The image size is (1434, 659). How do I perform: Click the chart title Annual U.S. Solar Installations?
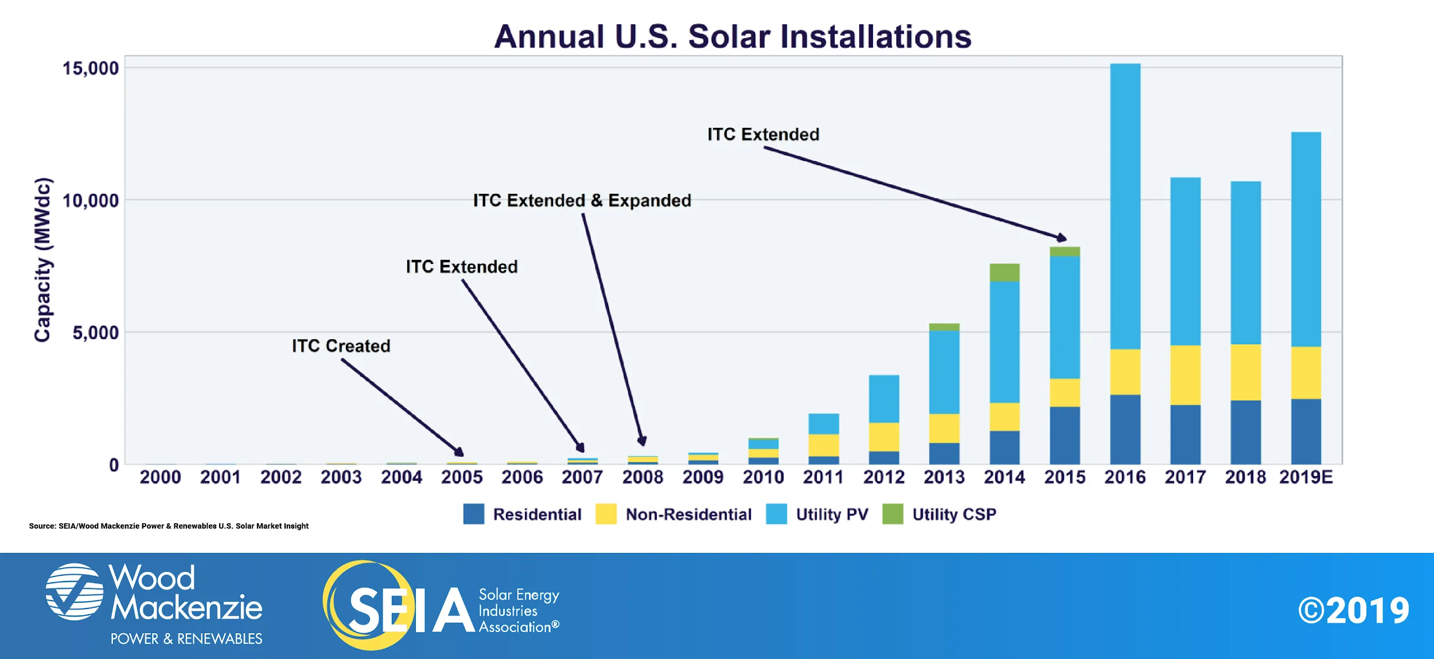click(732, 37)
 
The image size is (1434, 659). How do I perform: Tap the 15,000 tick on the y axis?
click(90, 68)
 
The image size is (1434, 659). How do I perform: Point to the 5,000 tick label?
click(95, 333)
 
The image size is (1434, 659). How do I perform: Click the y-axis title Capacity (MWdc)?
click(42, 260)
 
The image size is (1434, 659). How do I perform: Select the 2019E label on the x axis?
click(1306, 477)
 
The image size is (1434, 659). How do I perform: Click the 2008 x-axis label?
click(642, 477)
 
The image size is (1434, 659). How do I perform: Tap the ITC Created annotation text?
click(341, 346)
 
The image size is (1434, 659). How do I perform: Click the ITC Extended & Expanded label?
click(582, 201)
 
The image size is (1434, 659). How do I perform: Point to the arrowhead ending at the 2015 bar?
click(1062, 237)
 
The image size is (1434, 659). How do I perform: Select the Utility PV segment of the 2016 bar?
click(1125, 206)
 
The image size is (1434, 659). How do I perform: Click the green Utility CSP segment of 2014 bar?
click(1004, 272)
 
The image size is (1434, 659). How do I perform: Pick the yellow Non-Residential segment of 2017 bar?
click(1185, 375)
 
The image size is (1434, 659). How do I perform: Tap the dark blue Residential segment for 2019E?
click(1306, 431)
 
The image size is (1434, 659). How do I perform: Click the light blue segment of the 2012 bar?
click(883, 399)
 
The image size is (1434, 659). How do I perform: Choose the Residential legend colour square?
click(473, 514)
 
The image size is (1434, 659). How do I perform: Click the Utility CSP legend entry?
click(953, 514)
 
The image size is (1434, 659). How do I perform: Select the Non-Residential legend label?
click(688, 514)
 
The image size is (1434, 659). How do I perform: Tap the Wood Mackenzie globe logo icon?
click(75, 591)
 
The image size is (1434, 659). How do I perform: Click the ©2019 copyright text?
click(1353, 611)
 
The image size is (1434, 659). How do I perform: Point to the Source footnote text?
click(169, 526)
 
